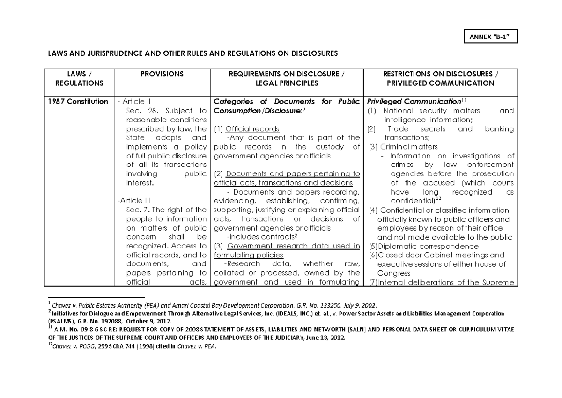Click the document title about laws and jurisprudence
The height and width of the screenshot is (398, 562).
click(192, 53)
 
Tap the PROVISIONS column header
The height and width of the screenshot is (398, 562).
click(162, 74)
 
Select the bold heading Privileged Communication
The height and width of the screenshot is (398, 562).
click(414, 102)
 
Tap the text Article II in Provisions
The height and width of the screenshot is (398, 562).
click(135, 102)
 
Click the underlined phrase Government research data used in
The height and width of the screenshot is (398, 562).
click(292, 246)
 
